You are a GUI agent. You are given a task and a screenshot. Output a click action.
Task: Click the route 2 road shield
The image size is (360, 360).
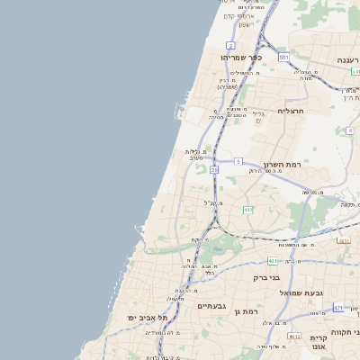point(231,45)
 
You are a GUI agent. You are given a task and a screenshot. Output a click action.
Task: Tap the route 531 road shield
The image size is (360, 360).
point(283,58)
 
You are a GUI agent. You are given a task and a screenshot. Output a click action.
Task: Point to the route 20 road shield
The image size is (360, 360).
point(214,169)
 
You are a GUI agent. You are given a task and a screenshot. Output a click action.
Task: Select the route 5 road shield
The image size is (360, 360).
point(238,161)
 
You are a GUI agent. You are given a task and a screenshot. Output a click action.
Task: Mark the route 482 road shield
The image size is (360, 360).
point(247,210)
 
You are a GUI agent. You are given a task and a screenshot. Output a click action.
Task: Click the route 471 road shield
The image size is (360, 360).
point(338,308)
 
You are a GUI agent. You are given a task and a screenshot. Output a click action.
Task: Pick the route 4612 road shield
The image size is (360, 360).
point(344,240)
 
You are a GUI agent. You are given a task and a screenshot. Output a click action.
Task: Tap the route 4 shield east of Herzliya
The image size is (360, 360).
point(349,130)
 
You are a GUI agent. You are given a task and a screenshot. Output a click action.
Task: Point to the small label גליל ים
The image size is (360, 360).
point(259,117)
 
